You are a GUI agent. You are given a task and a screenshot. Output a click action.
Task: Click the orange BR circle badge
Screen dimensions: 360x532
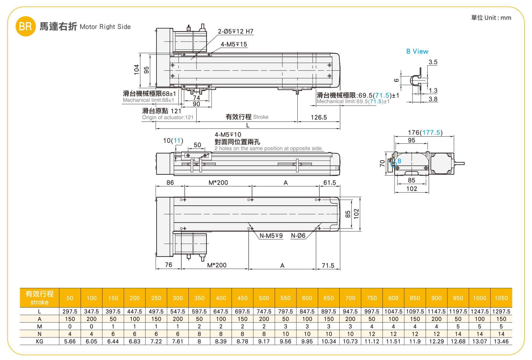tap(25, 26)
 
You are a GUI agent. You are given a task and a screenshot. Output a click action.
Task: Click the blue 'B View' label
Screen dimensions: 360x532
tap(417, 51)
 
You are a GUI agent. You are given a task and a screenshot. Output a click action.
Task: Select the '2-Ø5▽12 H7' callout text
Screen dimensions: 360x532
tap(235, 31)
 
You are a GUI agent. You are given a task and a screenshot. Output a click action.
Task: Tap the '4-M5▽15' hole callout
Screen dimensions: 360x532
tap(234, 44)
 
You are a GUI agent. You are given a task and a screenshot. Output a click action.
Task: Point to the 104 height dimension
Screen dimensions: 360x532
tap(137, 70)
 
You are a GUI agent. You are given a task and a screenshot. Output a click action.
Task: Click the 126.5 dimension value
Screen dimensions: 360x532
tap(319, 117)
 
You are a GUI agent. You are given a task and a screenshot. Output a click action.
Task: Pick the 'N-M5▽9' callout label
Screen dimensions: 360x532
tap(271, 236)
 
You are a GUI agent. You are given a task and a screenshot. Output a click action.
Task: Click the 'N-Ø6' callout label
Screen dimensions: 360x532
tap(298, 236)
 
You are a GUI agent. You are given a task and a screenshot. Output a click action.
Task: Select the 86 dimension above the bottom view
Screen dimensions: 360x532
tap(170, 183)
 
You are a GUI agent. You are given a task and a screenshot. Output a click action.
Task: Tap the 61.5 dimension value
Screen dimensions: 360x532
tap(330, 183)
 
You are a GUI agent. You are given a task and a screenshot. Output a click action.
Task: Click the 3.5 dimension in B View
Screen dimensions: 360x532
tap(433, 62)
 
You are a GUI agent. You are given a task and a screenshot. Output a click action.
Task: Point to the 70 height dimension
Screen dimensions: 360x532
tap(382, 163)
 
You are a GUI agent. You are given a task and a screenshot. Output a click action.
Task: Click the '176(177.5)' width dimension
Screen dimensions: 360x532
tap(425, 133)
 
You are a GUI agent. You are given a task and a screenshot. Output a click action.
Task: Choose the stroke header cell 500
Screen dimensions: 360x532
tap(264, 298)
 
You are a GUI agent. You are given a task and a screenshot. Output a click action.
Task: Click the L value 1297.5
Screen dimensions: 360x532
tap(501, 312)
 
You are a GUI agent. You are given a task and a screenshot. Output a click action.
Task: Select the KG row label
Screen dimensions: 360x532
tap(39, 341)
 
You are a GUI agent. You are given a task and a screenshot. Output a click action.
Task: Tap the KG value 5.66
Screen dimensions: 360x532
tap(70, 341)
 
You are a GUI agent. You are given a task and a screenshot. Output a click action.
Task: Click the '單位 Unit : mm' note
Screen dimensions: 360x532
tap(491, 18)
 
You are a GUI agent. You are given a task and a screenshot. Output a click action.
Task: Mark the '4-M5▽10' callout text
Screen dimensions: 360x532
tap(228, 135)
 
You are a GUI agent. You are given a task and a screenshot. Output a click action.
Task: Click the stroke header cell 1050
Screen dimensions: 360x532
tap(501, 298)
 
